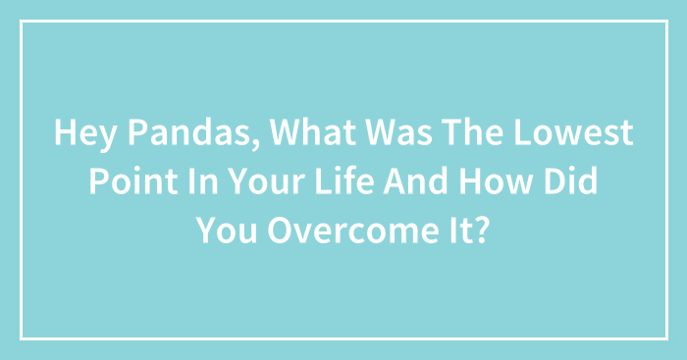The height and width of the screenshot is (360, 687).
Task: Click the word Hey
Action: (x=85, y=133)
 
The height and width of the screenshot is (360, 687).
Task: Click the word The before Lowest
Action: (x=472, y=132)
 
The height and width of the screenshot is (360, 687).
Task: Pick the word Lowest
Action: (x=573, y=132)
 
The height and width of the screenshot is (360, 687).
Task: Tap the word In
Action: (x=203, y=181)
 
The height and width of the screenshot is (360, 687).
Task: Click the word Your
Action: (x=266, y=181)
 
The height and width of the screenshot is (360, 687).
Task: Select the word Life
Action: (x=344, y=181)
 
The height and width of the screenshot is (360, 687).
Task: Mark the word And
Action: (x=416, y=181)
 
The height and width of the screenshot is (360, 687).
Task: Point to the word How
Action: (x=496, y=181)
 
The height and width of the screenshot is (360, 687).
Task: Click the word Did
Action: (x=571, y=181)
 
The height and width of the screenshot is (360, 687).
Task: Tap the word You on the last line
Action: (x=226, y=231)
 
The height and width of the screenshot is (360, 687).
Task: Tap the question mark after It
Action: (x=481, y=230)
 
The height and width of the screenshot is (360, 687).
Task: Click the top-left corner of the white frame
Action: (x=21, y=21)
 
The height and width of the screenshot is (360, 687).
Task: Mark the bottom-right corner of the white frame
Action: (x=667, y=339)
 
